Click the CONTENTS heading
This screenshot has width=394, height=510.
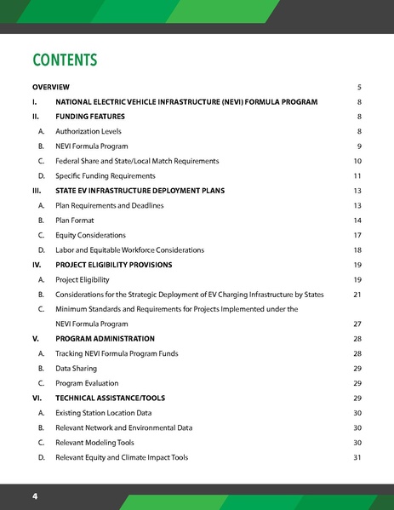tap(65, 60)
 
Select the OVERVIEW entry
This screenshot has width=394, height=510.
tap(50, 87)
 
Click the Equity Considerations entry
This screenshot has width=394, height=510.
tap(90, 235)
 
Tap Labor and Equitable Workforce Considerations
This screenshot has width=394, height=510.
tap(129, 249)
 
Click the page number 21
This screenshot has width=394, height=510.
tap(357, 295)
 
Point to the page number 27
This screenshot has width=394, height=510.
tap(357, 324)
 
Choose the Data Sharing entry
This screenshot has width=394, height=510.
tap(76, 369)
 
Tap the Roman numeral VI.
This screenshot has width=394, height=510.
tap(37, 398)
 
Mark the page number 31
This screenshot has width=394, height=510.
tap(357, 457)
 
